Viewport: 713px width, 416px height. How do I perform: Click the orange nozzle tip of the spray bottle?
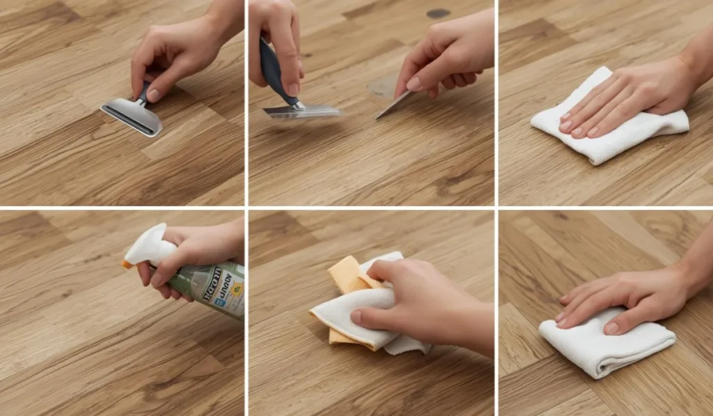pyautogui.click(x=127, y=264)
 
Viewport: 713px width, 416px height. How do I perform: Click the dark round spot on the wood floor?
pyautogui.click(x=437, y=13)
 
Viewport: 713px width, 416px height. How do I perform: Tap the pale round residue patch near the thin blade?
pyautogui.click(x=382, y=87)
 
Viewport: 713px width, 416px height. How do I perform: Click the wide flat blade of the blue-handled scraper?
pyautogui.click(x=304, y=111)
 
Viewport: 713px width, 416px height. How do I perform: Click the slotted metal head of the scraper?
pyautogui.click(x=131, y=116)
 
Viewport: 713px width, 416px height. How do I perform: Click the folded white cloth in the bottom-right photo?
pyautogui.click(x=606, y=341)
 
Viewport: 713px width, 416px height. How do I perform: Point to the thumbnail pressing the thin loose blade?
pyautogui.click(x=413, y=84)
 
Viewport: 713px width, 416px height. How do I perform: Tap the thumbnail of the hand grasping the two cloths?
pyautogui.click(x=356, y=316)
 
